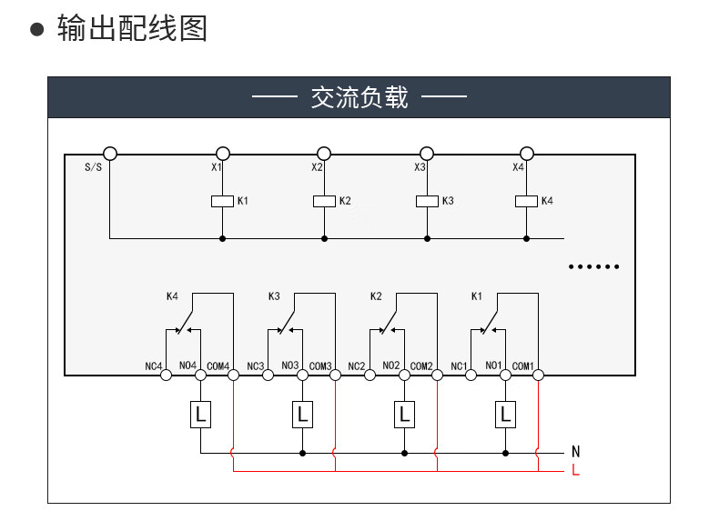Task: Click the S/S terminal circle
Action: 110,154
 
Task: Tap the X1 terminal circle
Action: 222,154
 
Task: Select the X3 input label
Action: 420,167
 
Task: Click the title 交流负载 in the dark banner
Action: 359,97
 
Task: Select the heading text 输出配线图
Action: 132,28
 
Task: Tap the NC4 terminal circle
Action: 167,374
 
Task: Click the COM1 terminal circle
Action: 538,374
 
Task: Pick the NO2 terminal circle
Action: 403,374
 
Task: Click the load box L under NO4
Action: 200,415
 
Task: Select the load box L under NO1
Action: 505,415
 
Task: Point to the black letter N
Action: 575,451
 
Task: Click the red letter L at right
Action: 575,470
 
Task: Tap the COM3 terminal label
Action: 319,366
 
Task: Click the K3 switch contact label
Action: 274,296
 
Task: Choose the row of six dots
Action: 593,267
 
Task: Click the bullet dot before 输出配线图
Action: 37,29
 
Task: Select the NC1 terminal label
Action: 459,366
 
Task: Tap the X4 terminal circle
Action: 526,154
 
